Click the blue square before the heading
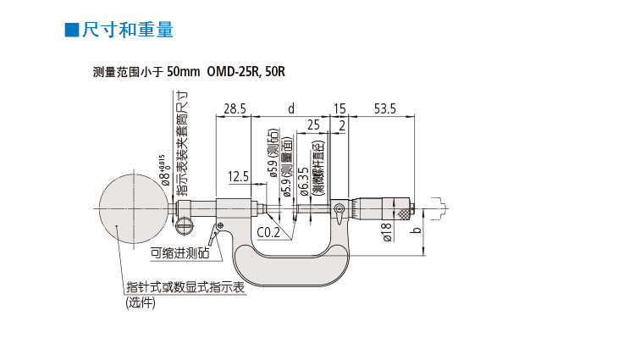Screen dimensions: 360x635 click(x=72, y=30)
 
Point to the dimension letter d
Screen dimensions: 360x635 click(x=290, y=108)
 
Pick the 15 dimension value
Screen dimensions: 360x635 click(x=340, y=108)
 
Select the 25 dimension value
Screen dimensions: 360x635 click(x=312, y=125)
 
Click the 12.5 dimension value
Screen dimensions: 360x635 click(x=238, y=176)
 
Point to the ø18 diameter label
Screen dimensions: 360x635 click(x=386, y=232)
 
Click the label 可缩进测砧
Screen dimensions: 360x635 click(x=179, y=252)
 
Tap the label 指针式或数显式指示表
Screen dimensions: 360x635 click(x=185, y=287)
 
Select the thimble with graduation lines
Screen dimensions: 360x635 click(x=398, y=208)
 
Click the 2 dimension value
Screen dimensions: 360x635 click(x=341, y=125)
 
